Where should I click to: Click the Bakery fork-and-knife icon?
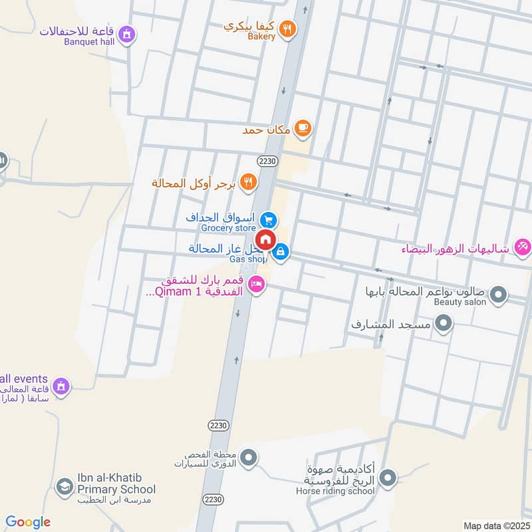tap(287, 28)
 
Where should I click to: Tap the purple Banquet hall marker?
tap(127, 33)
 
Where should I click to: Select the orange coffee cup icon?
tap(303, 128)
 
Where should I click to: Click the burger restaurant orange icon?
tap(248, 182)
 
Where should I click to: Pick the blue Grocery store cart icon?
tap(269, 220)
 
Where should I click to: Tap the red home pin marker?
tap(265, 241)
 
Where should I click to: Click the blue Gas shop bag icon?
tap(281, 252)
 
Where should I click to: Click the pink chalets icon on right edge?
tap(522, 247)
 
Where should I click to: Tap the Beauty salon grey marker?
tap(497, 293)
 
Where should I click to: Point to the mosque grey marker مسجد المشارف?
tap(444, 324)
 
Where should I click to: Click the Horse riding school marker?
tap(388, 477)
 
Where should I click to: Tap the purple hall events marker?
tap(61, 386)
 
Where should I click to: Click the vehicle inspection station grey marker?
tap(249, 458)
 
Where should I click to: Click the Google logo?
tap(28, 522)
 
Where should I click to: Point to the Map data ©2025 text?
tap(495, 526)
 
